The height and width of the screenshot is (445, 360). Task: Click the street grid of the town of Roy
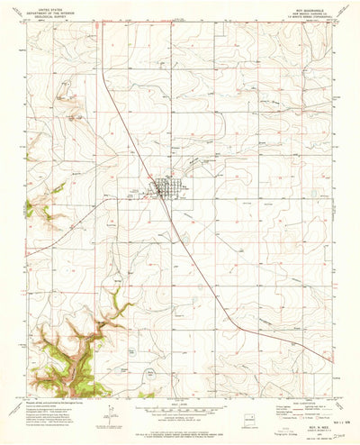[x=164, y=188]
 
